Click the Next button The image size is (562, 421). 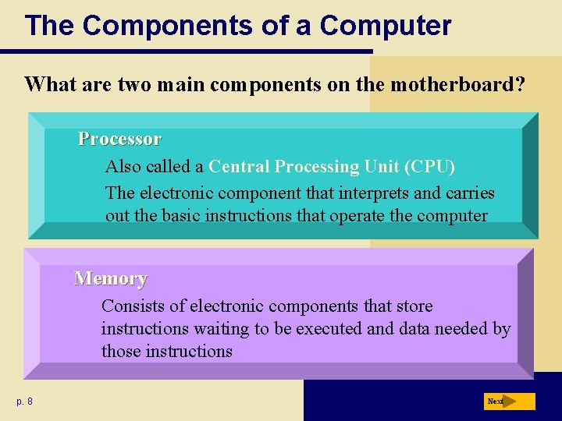(510, 402)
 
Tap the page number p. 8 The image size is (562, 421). (24, 402)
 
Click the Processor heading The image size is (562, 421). (119, 140)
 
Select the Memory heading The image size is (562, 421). (110, 278)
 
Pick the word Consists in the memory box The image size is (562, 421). (133, 306)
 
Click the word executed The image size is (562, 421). (330, 329)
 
